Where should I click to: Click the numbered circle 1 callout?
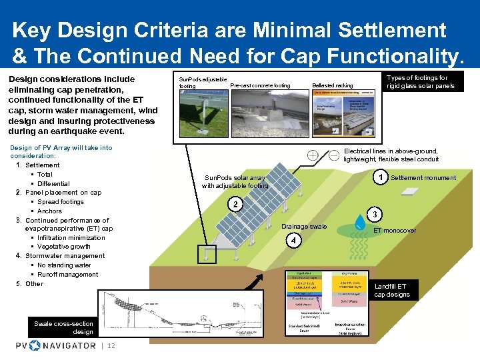click(380, 177)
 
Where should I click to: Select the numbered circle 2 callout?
click(235, 204)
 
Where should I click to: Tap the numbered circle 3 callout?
click(375, 214)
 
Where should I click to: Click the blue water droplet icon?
click(360, 220)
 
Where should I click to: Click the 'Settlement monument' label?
click(423, 178)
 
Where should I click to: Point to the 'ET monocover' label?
click(395, 231)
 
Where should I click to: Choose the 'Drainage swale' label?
click(304, 227)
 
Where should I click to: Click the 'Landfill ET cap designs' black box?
click(393, 290)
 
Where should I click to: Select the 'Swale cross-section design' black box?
click(64, 327)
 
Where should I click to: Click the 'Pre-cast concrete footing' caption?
click(260, 85)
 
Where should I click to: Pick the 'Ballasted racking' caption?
click(332, 85)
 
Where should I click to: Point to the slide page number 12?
click(111, 345)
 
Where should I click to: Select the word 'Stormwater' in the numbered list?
click(43, 256)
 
